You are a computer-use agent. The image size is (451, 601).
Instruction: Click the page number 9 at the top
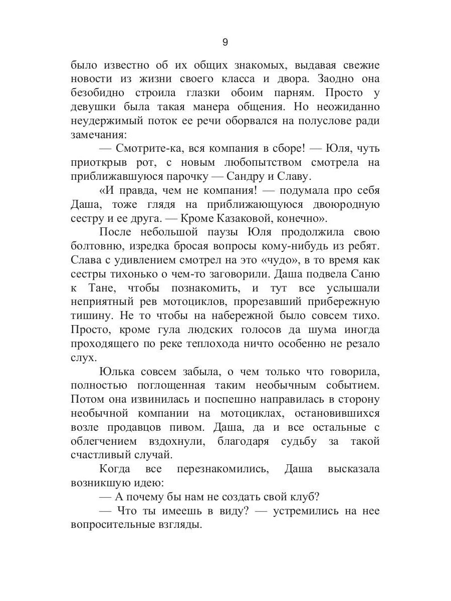(225, 42)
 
